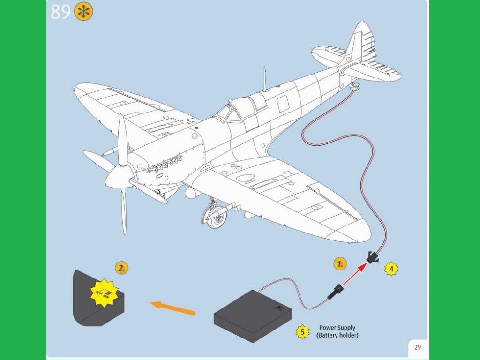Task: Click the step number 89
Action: (x=60, y=12)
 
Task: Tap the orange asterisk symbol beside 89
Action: (x=83, y=12)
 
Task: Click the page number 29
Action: (x=417, y=347)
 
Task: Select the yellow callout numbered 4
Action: (x=391, y=269)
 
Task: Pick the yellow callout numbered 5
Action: (x=302, y=332)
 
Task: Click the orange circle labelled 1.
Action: (x=340, y=264)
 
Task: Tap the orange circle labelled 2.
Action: (x=121, y=268)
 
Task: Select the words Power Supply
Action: (x=337, y=328)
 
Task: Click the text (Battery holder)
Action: (x=337, y=335)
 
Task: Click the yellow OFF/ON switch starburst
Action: (x=104, y=292)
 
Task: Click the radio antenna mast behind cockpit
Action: (x=265, y=79)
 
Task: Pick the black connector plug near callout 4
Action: (x=373, y=257)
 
